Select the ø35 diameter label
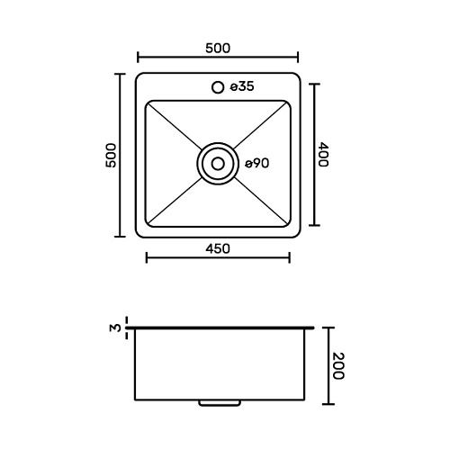click(242, 86)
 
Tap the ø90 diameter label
click(257, 164)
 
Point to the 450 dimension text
click(218, 248)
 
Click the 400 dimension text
click(323, 155)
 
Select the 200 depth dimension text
click(338, 366)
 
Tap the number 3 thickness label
click(115, 328)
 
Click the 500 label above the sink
click(218, 49)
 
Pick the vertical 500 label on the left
click(111, 156)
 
